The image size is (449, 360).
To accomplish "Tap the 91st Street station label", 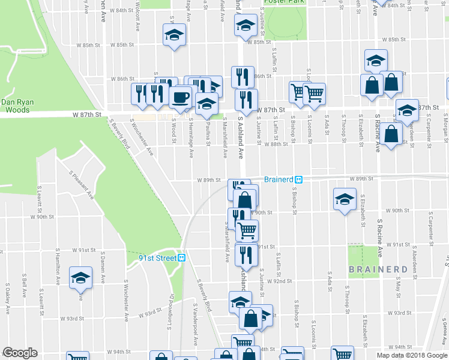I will pyautogui.click(x=158, y=257).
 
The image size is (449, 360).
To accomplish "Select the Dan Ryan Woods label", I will pyautogui.click(x=17, y=106).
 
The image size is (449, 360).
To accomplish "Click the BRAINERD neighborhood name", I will pyautogui.click(x=375, y=269).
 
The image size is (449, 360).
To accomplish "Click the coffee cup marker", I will pyautogui.click(x=181, y=97).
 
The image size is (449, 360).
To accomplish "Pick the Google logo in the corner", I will pyautogui.click(x=20, y=353).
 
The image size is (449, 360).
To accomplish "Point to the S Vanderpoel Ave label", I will pyautogui.click(x=195, y=324).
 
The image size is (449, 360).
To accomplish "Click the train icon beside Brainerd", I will pyautogui.click(x=298, y=179).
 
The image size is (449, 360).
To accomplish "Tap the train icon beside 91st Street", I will pyautogui.click(x=182, y=257).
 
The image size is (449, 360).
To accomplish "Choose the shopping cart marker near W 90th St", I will pyautogui.click(x=247, y=230).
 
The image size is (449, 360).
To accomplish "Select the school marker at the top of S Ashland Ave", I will pyautogui.click(x=245, y=25).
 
